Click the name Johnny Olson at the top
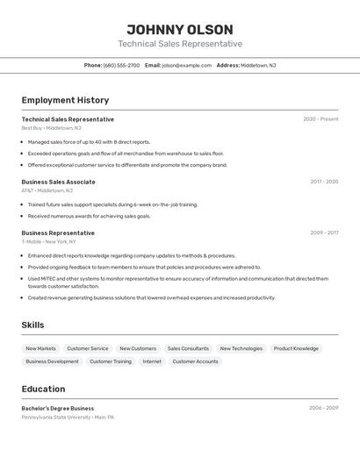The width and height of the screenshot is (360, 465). [x=180, y=29]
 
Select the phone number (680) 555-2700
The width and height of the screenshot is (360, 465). [x=121, y=65]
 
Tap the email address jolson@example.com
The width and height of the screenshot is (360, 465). [x=187, y=65]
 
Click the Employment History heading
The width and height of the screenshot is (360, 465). [x=65, y=100]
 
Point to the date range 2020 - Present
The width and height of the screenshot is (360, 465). [x=320, y=119]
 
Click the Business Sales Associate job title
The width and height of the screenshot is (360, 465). [x=58, y=182]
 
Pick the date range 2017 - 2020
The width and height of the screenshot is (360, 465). [x=324, y=182]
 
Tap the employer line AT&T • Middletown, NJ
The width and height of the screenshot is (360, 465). [x=47, y=190]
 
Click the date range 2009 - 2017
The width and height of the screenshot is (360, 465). [x=324, y=232]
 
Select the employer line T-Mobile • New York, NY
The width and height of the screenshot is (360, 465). [x=49, y=241]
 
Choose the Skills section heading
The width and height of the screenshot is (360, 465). [x=32, y=325]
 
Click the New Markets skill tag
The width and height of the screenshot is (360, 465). [x=40, y=348]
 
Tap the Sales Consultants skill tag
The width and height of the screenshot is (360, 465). [x=188, y=348]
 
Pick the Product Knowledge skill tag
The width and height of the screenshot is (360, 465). [x=296, y=348]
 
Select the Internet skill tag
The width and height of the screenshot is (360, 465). [x=152, y=361]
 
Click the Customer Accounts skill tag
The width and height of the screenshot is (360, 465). [x=195, y=361]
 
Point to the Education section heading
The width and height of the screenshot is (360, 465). [x=43, y=389]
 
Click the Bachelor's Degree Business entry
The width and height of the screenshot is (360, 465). [x=58, y=408]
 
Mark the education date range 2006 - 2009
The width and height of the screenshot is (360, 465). [x=323, y=408]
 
